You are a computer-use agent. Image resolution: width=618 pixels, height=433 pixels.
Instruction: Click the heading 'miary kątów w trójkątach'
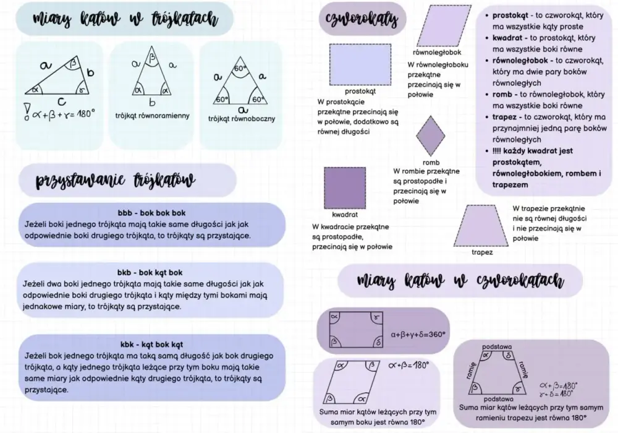point(125,19)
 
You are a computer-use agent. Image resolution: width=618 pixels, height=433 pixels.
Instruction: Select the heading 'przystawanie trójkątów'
point(116,180)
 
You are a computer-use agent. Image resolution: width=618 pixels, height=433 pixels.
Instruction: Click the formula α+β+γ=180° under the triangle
point(64,114)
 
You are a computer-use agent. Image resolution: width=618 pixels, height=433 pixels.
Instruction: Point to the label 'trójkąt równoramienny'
point(152,116)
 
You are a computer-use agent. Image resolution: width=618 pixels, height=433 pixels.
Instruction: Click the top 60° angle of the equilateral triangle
point(240,68)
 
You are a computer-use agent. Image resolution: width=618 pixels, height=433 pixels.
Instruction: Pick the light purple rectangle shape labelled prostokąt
point(360,65)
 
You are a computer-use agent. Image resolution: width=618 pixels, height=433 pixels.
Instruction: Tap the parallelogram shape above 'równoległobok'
point(444,26)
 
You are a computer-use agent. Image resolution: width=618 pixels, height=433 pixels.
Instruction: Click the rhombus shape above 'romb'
point(430,135)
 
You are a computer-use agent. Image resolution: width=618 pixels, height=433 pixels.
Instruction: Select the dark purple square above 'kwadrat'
point(345,188)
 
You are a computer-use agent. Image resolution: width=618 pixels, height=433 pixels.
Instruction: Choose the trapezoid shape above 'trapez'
point(481,226)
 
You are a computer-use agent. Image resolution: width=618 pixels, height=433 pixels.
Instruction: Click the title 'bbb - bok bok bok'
point(152,213)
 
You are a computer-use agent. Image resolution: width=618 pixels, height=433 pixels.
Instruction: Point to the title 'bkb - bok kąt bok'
point(150,273)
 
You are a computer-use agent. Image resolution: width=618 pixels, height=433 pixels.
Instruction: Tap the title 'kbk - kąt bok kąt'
point(152,345)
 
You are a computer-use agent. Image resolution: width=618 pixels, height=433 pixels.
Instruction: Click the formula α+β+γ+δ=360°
point(418,335)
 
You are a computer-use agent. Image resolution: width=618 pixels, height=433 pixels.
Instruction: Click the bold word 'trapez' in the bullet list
point(504,117)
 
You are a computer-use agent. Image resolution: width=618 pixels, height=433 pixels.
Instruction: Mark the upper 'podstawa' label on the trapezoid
point(497,346)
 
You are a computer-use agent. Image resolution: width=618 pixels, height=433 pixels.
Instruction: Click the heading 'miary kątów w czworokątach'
point(460,280)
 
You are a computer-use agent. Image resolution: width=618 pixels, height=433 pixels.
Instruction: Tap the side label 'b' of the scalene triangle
point(90,72)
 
